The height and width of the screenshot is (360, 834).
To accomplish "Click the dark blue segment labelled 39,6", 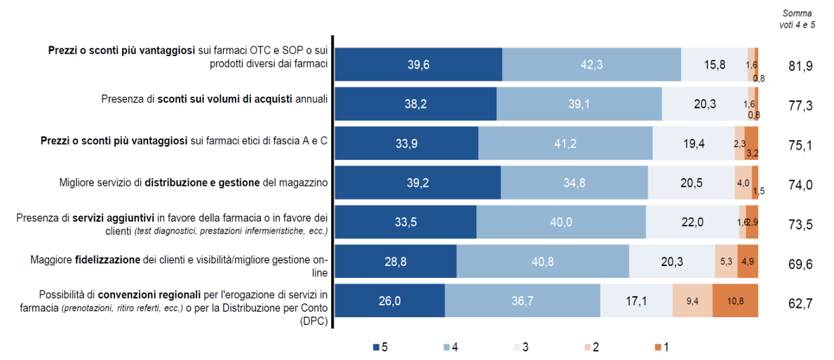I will [418, 65].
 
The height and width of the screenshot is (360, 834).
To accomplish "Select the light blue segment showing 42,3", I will [591, 65].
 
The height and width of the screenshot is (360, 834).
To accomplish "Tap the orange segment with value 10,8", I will [735, 302].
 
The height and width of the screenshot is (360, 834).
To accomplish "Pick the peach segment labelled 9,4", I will [692, 302].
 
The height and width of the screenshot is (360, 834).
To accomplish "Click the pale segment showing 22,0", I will [692, 222].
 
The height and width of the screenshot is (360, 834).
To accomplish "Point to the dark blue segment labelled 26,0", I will [389, 302].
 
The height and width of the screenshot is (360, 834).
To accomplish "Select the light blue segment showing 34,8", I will [574, 183].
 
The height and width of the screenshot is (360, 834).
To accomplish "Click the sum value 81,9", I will [800, 66].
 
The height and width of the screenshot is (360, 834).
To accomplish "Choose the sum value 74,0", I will [800, 185].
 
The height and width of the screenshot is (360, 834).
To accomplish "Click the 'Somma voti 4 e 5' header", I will [797, 19].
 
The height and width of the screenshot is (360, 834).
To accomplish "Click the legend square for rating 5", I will [375, 347].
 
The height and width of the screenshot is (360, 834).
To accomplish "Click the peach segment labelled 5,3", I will [725, 262].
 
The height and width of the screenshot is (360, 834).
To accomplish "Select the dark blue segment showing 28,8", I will [396, 262].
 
